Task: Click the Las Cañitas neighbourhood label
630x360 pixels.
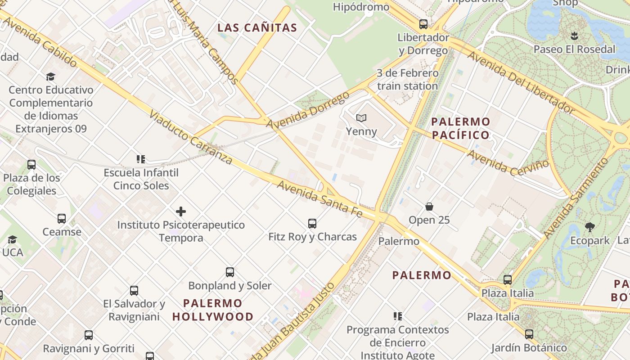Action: coord(257,27)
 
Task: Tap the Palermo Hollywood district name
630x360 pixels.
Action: coord(213,310)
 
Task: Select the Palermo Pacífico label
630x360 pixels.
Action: coord(460,128)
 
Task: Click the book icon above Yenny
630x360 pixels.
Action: coord(361,118)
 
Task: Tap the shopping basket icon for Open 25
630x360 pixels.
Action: coord(429,207)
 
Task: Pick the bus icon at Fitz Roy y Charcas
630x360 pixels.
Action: coord(312,223)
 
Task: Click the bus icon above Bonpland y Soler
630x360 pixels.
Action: coord(230,272)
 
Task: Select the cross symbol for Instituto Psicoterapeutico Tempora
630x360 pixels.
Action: coord(181,211)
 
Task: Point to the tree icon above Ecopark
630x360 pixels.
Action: coord(590,227)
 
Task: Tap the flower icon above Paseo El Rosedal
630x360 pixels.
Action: coord(574,36)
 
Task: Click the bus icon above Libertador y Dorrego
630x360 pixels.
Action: coord(423,24)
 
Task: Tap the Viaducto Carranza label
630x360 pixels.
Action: coord(191,137)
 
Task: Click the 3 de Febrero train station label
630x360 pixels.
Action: coord(408,79)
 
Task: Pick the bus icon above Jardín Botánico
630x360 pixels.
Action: coord(529,334)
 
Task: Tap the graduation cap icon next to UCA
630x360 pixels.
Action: coord(12,239)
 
